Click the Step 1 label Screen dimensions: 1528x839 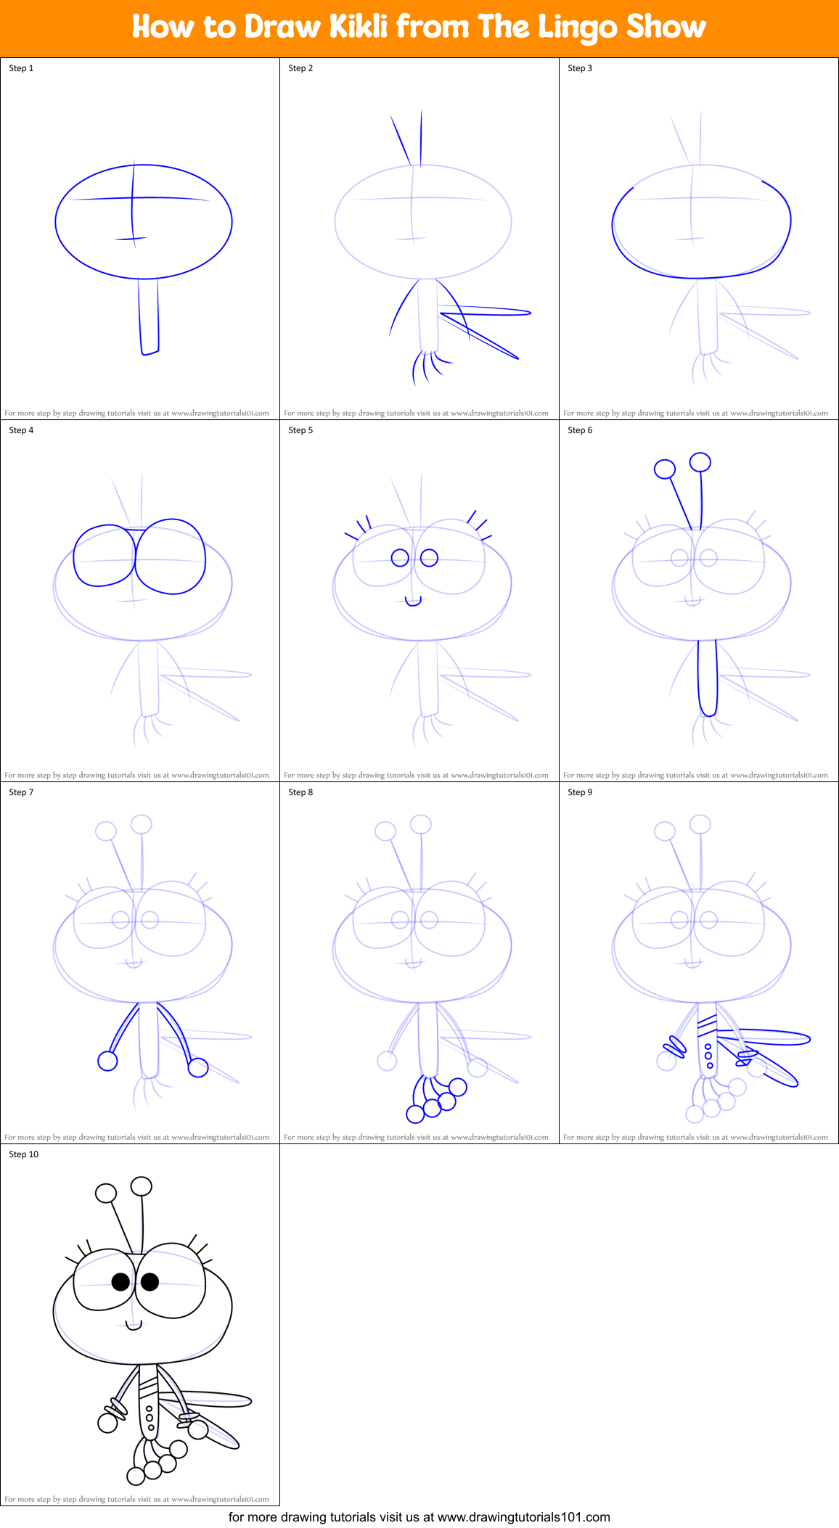21,68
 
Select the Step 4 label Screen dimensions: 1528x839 21,430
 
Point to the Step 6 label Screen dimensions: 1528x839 580,430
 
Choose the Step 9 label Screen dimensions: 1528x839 580,792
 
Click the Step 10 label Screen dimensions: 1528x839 24,1154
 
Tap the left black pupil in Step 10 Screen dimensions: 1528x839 120,1282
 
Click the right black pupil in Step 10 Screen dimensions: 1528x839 150,1282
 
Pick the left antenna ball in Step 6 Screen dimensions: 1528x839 665,469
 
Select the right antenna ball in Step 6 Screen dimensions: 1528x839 700,462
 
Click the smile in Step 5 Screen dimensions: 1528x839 413,601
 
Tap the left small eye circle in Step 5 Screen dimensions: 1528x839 400,557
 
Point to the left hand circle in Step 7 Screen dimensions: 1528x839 107,1061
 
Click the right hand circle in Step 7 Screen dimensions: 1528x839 198,1067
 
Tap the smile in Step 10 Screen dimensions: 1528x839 134,1326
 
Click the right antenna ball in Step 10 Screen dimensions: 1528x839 142,1186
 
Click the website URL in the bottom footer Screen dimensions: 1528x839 523,1517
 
